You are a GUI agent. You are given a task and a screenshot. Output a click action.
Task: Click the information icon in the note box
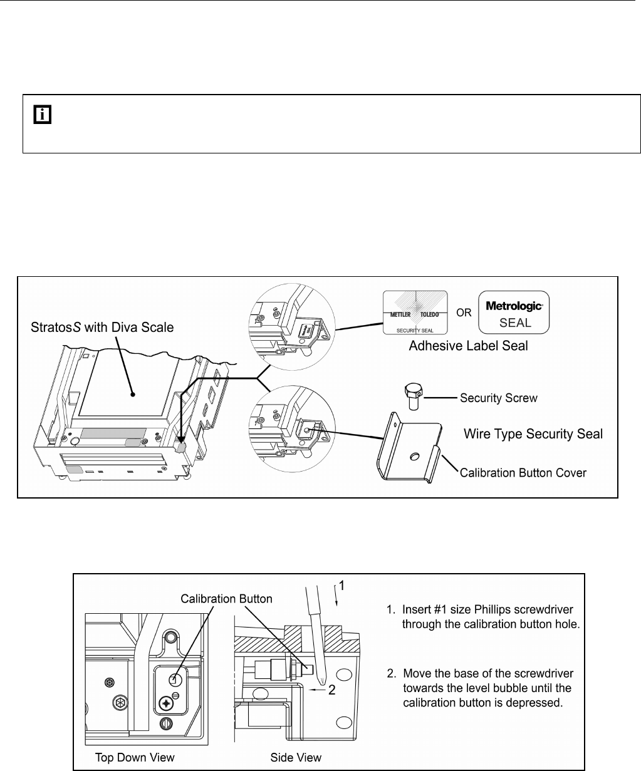point(41,115)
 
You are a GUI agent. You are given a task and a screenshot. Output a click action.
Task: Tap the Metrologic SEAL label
point(514,311)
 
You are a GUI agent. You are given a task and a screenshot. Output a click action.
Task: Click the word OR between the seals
point(464,311)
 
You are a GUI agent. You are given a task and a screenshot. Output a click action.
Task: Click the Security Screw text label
point(499,397)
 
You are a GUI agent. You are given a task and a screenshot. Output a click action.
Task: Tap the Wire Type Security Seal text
point(533,433)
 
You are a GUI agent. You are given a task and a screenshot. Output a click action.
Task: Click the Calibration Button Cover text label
point(523,472)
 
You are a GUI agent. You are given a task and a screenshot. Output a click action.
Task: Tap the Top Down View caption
point(129,757)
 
